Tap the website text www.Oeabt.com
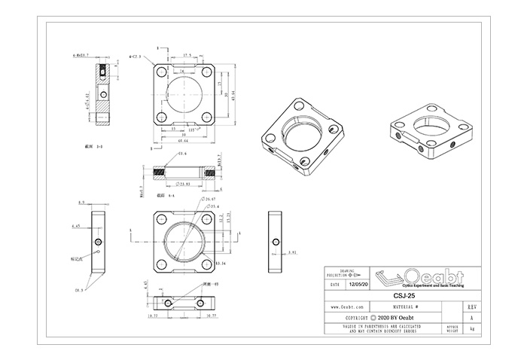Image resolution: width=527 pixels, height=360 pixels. (x=348, y=307)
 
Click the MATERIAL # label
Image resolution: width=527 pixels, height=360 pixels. (x=406, y=307)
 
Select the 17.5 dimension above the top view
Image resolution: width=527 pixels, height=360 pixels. (x=186, y=55)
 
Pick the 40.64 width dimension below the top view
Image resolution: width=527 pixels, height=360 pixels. (x=183, y=141)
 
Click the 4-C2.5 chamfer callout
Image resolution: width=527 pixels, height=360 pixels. (x=135, y=55)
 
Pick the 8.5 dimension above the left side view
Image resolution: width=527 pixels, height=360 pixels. (x=81, y=202)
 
